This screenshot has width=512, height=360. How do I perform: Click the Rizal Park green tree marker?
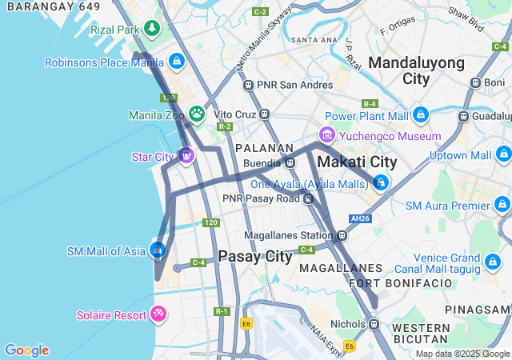click(x=152, y=30)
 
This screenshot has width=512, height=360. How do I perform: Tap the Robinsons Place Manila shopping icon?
click(x=176, y=62)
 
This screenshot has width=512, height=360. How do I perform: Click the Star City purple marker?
click(x=186, y=154)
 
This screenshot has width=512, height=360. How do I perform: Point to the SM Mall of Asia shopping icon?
click(x=158, y=250)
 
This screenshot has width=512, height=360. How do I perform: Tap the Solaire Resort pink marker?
click(x=158, y=314)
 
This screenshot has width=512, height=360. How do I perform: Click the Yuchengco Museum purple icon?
click(x=326, y=135)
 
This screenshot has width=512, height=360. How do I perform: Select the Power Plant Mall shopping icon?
click(x=419, y=115)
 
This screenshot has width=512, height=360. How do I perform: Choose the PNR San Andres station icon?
click(x=249, y=85)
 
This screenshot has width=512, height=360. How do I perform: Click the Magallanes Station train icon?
click(x=342, y=235)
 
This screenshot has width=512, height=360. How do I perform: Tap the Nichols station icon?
click(x=374, y=324)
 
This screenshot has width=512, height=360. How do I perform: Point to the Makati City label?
click(x=357, y=162)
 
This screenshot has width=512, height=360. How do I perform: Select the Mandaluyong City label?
click(x=416, y=70)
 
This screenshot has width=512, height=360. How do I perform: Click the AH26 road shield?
click(x=359, y=218)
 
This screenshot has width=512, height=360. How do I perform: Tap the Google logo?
click(x=26, y=350)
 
